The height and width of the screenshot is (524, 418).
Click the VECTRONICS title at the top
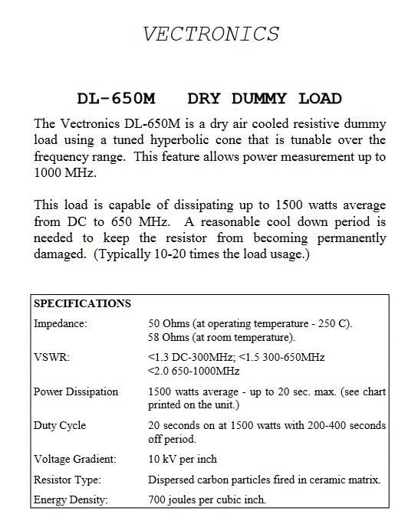[x=211, y=34]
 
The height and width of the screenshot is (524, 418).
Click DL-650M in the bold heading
[x=117, y=99]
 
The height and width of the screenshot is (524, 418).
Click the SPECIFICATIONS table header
[x=83, y=303]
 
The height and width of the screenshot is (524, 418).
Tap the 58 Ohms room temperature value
[x=222, y=338]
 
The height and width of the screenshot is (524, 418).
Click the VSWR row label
[x=50, y=358]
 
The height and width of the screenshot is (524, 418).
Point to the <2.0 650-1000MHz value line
[x=193, y=372]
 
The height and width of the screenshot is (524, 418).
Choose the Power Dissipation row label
[x=76, y=391]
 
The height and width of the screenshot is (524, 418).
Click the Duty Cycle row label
[x=60, y=425]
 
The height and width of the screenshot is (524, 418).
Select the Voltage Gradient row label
[x=75, y=459]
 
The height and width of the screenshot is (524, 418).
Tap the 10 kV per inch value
[x=183, y=459]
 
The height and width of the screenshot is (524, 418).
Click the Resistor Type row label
[x=67, y=480]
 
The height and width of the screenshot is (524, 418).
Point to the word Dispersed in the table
[x=173, y=480]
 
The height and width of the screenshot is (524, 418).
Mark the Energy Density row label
[x=71, y=500]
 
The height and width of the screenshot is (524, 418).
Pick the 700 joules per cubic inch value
[x=207, y=500]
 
